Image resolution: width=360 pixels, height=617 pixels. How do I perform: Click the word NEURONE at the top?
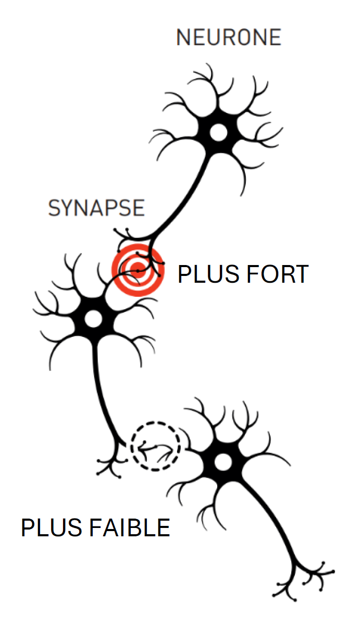click(229, 37)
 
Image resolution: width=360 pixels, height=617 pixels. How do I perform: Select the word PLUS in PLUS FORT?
click(204, 274)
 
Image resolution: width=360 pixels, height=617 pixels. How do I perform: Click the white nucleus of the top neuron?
click(218, 133)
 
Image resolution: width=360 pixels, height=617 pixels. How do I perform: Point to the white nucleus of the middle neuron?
click(94, 318)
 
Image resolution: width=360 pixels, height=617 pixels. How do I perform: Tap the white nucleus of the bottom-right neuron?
click(223, 461)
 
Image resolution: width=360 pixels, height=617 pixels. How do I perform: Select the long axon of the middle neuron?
click(103, 396)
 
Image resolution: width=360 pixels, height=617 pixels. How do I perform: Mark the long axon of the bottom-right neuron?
click(271, 515)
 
